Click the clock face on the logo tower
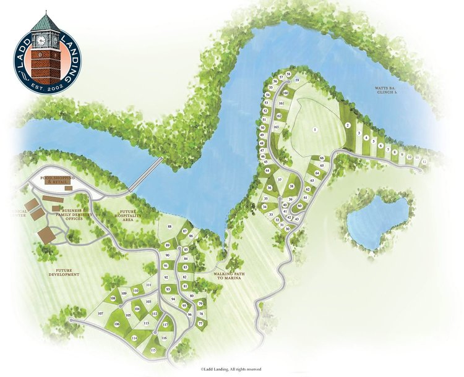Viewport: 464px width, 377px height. tap(41, 40)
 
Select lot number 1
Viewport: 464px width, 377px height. tap(315, 129)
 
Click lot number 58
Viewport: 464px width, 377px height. tap(288, 74)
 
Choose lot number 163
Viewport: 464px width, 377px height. tap(276, 127)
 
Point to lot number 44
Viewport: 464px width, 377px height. tap(268, 170)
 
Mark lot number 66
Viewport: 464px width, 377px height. tap(322, 158)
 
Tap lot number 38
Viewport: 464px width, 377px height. tap(291, 186)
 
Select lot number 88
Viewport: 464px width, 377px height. tap(170, 227)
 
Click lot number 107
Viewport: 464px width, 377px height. tap(100, 313)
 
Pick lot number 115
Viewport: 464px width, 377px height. tap(153, 350)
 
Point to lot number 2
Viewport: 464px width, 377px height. tap(348, 125)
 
